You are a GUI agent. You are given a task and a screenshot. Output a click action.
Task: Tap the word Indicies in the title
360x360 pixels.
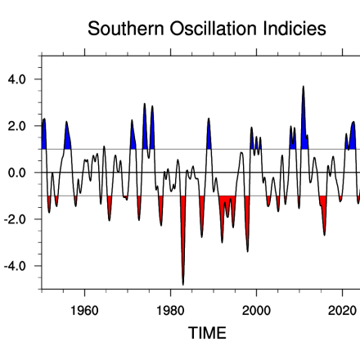(x=292, y=29)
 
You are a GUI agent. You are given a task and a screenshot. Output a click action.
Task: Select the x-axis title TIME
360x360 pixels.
(x=207, y=333)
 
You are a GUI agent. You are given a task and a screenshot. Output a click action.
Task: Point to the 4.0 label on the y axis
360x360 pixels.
(x=17, y=79)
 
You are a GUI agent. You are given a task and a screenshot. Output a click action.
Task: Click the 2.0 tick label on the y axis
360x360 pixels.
(x=17, y=126)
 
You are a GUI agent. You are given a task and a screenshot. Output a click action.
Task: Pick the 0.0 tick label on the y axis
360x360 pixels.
(x=17, y=173)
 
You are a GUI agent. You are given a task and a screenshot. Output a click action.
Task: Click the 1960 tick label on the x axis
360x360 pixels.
(x=85, y=311)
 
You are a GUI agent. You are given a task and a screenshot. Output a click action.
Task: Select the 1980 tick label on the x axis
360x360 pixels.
(x=170, y=311)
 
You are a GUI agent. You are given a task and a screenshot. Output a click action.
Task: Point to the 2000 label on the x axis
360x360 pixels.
(x=256, y=311)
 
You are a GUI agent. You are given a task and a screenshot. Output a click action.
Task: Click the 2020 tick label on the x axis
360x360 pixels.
(x=342, y=311)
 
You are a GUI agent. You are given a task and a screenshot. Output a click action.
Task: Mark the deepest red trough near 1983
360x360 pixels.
(x=183, y=278)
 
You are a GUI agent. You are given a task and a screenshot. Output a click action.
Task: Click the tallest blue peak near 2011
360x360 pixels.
(x=304, y=90)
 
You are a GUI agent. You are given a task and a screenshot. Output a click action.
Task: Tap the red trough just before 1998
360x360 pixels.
(x=247, y=245)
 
